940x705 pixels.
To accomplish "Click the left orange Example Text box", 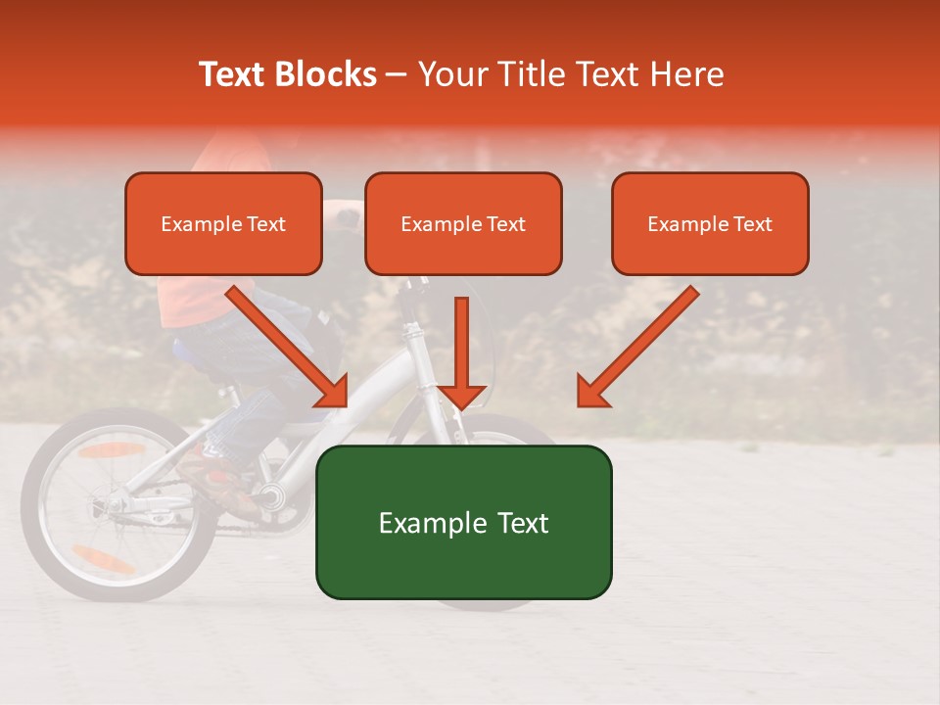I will pyautogui.click(x=223, y=224).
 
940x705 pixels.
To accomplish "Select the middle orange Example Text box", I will pyautogui.click(x=463, y=224).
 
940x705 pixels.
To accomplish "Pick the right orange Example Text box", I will pyautogui.click(x=710, y=224).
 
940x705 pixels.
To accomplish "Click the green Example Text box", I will pyautogui.click(x=463, y=522).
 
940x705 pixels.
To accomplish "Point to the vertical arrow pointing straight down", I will pyautogui.click(x=461, y=352).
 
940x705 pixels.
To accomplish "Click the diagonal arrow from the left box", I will pyautogui.click(x=289, y=347).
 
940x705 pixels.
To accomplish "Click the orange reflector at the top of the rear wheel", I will pyautogui.click(x=112, y=450).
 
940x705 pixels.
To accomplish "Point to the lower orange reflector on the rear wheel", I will pyautogui.click(x=103, y=559).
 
